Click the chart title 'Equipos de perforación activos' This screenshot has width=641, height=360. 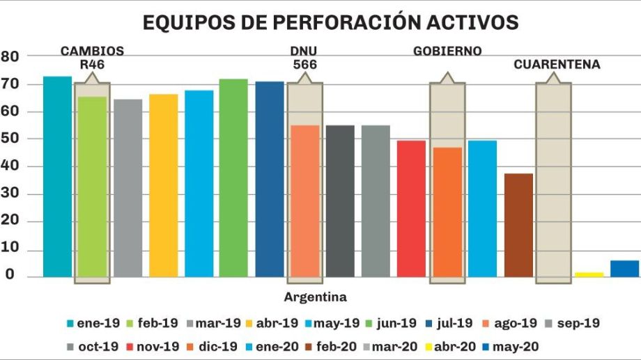coord(330,22)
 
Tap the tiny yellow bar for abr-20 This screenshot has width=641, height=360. coord(589,274)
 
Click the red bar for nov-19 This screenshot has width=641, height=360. coord(411,209)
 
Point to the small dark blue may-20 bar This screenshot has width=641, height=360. coord(624,269)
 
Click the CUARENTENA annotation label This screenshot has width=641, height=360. coord(557,64)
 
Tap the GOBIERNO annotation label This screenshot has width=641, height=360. coord(447,51)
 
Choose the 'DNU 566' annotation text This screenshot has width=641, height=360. coord(304,57)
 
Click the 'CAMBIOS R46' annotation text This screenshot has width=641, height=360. coord(92,57)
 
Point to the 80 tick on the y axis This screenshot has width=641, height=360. coord(10,56)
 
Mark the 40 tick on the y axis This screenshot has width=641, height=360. coord(10,166)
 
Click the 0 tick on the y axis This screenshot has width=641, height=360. coord(11,276)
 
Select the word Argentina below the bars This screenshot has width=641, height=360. coord(315,297)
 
